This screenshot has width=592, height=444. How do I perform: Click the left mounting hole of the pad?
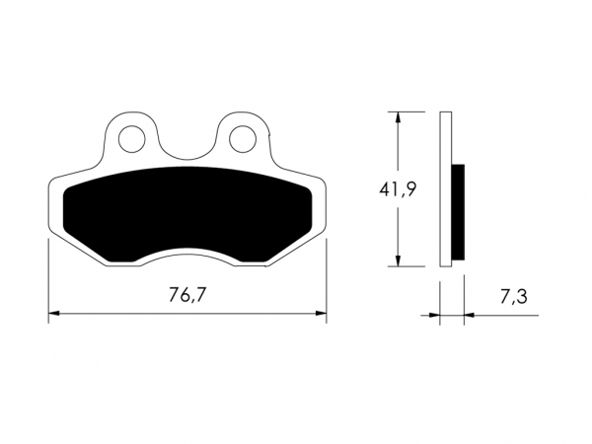pyautogui.click(x=132, y=139)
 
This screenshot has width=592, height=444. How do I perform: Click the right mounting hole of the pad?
pyautogui.click(x=243, y=139)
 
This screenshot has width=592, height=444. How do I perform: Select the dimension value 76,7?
pyautogui.click(x=187, y=295)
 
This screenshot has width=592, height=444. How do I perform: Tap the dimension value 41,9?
pyautogui.click(x=398, y=189)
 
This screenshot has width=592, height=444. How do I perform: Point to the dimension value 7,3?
pyautogui.click(x=513, y=296)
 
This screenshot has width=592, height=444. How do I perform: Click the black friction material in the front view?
pyautogui.click(x=187, y=214)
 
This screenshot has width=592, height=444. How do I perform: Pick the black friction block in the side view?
pyautogui.click(x=458, y=212)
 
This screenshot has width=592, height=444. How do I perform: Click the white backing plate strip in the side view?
pyautogui.click(x=446, y=189)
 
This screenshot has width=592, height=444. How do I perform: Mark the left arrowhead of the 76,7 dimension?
pyautogui.click(x=54, y=313)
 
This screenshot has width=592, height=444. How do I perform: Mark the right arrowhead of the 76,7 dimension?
pyautogui.click(x=322, y=313)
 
